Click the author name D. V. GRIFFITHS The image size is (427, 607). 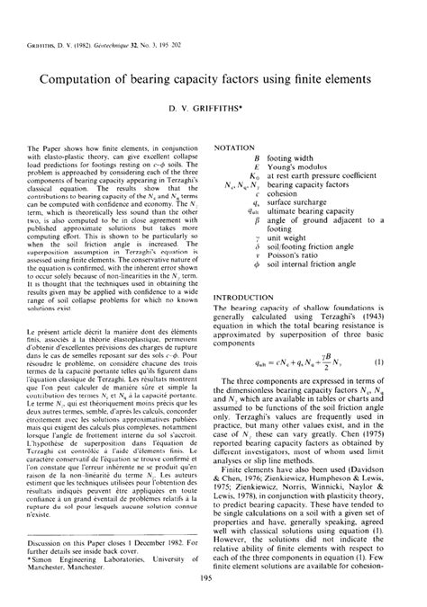213,109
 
